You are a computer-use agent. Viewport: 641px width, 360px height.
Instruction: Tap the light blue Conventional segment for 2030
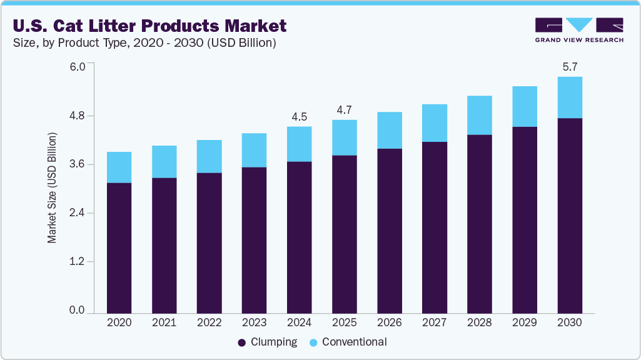point(569,97)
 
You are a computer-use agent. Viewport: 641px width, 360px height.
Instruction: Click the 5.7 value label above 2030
point(569,67)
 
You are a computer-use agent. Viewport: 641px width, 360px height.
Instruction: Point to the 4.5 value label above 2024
point(299,117)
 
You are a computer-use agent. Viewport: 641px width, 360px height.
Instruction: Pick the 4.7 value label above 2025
point(344,110)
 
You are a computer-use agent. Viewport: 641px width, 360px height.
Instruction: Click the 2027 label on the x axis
point(434,323)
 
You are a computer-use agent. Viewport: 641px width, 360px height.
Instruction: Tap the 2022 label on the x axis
point(209,323)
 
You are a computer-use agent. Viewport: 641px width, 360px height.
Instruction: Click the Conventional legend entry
point(349,342)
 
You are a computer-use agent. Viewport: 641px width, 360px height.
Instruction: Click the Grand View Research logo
point(579,30)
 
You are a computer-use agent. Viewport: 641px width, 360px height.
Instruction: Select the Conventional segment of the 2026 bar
point(389,130)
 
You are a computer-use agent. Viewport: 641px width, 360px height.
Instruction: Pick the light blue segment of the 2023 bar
point(254,150)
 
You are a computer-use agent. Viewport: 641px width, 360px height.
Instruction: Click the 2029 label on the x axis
point(524,323)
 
